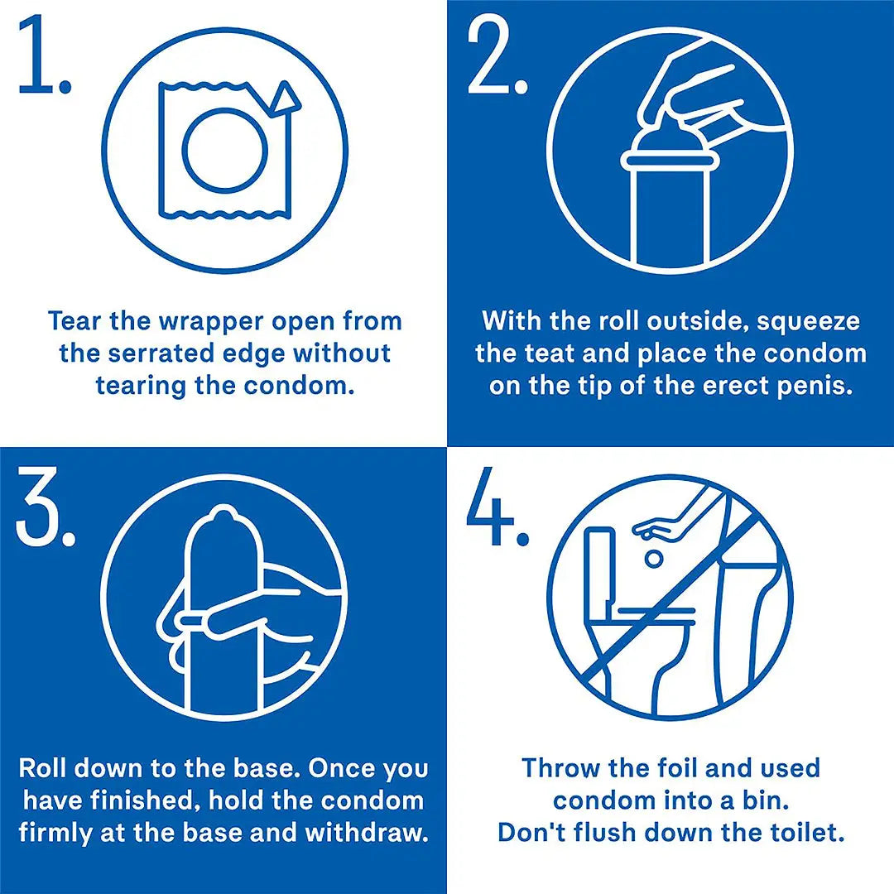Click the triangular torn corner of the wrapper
point(284,98)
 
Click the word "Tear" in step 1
point(74,321)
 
